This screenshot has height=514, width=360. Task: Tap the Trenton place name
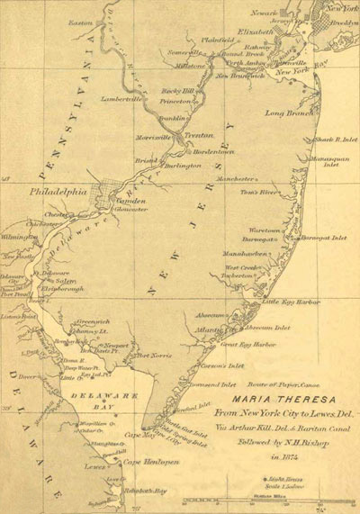[x=199, y=135]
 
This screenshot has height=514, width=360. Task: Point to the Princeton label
[x=175, y=103]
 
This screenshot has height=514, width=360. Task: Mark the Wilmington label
[x=21, y=237]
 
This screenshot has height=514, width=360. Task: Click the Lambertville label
[x=121, y=98]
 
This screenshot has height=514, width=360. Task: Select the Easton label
[x=80, y=21]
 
